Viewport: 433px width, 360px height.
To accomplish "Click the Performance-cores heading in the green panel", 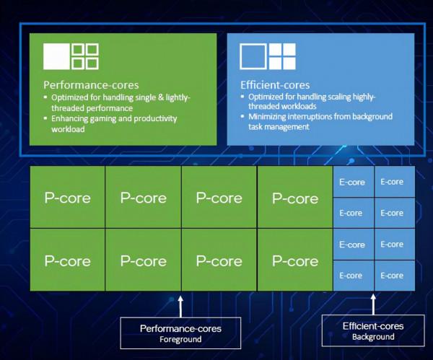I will tap(91, 84).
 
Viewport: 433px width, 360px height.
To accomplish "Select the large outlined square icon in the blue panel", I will tap(253, 56).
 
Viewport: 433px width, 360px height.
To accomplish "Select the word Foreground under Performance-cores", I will tap(180, 339).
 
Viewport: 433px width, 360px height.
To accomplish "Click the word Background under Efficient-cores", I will tap(373, 337).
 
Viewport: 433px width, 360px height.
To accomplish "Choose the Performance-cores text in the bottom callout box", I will tap(180, 328).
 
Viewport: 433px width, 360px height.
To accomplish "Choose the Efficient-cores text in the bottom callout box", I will tap(373, 326).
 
